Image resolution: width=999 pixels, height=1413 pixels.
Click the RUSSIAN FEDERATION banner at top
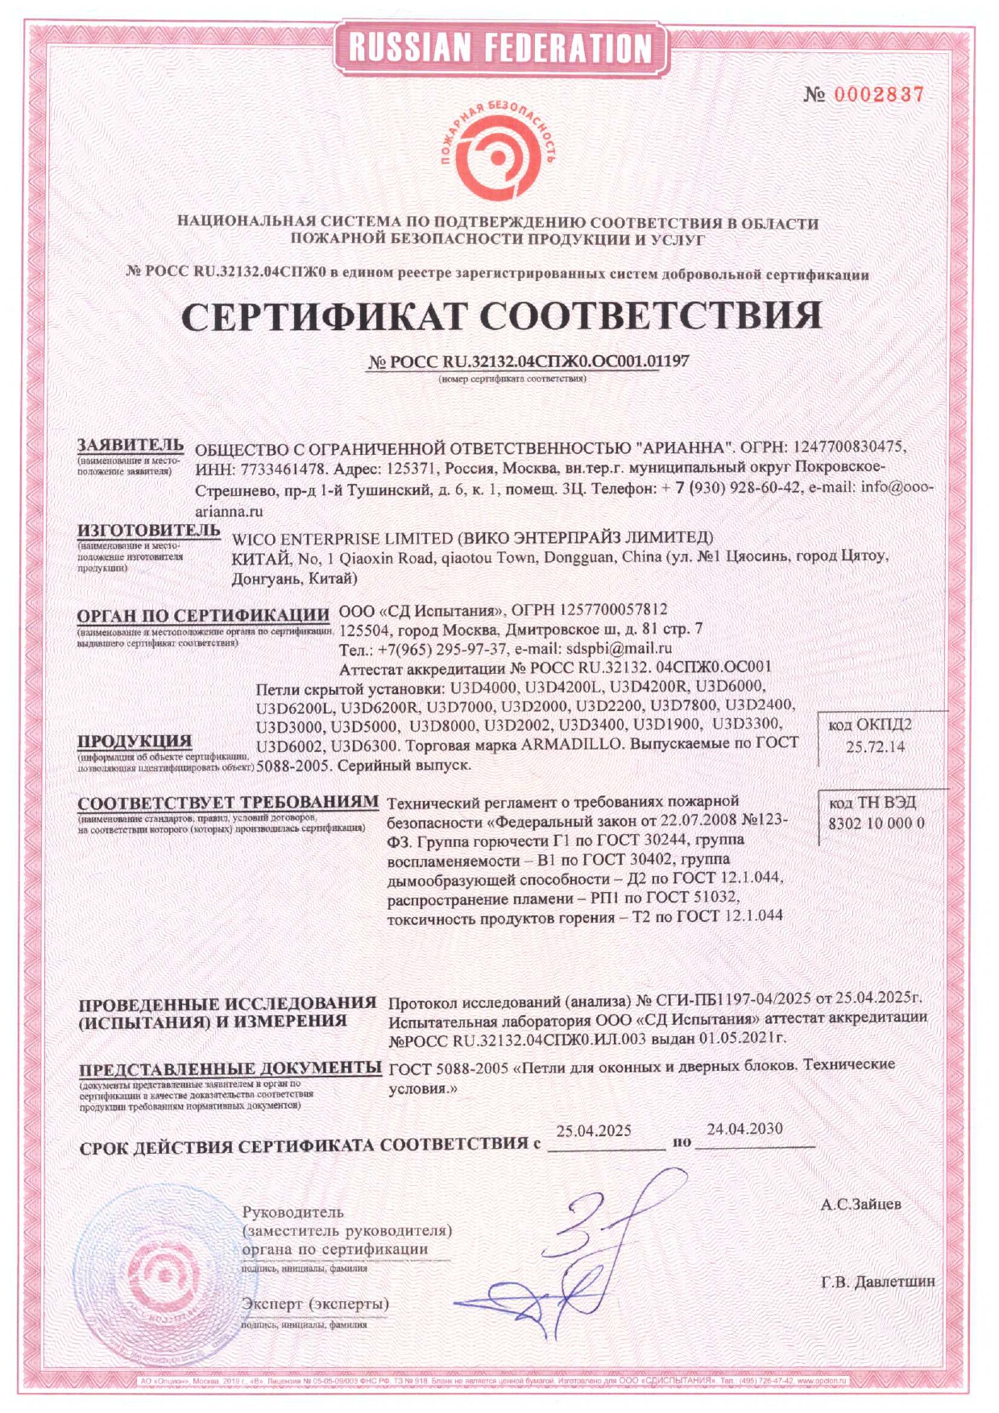(x=499, y=48)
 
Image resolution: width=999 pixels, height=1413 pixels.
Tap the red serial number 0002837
(x=878, y=94)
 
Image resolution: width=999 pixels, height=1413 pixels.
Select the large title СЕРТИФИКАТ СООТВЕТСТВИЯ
(x=500, y=316)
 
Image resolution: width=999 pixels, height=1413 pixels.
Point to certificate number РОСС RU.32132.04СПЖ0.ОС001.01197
(x=529, y=362)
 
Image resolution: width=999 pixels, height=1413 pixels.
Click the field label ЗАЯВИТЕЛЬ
(x=131, y=444)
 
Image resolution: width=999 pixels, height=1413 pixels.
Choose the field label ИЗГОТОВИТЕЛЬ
(x=148, y=530)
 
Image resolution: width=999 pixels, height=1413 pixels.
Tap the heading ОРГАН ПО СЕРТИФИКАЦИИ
(x=203, y=616)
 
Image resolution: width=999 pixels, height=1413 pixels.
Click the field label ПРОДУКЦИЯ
(x=135, y=741)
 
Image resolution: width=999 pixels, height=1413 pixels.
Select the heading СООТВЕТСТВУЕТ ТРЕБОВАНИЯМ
(x=228, y=803)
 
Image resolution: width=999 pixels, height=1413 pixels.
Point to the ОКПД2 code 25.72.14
(x=875, y=746)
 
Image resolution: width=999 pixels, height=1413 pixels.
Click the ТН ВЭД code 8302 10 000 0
(x=877, y=823)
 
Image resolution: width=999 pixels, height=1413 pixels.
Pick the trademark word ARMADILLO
(x=571, y=744)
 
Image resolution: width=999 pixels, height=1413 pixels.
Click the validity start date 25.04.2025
(x=594, y=1130)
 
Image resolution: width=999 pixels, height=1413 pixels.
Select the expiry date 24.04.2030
(x=744, y=1129)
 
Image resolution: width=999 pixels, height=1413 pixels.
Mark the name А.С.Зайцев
(x=860, y=1204)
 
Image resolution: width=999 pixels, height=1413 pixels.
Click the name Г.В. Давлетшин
(x=878, y=1281)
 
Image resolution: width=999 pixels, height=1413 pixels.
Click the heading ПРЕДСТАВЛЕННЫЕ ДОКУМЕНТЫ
(x=230, y=1068)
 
